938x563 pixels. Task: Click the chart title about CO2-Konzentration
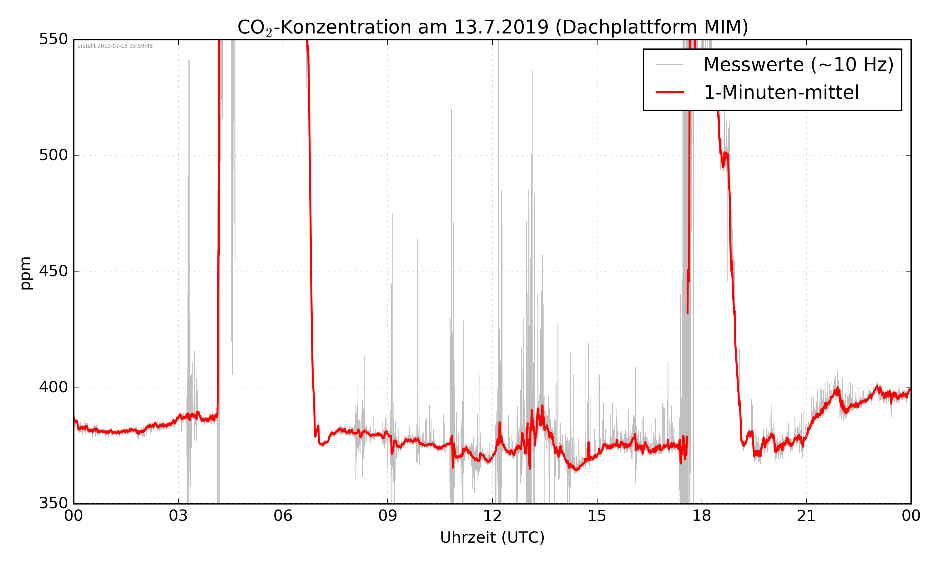[x=492, y=27]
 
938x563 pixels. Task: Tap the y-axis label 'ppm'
[x=25, y=273]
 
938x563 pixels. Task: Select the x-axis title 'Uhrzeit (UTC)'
[x=492, y=538]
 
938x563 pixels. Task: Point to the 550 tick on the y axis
[x=53, y=39]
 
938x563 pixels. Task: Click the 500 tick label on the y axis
[x=53, y=155]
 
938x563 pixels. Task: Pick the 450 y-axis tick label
[x=53, y=271]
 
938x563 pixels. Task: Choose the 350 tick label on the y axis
[x=53, y=504]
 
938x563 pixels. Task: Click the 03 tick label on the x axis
[x=178, y=516]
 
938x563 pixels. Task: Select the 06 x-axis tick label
[x=283, y=516]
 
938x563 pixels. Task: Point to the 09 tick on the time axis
[x=387, y=516]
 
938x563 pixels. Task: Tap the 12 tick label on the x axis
[x=492, y=516]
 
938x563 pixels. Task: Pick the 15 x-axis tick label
[x=597, y=516]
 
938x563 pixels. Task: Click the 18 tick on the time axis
[x=701, y=516]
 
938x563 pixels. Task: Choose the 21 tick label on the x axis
[x=806, y=516]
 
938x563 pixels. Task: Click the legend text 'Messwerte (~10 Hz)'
[x=799, y=65]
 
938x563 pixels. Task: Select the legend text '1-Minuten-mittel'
[x=781, y=93]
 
